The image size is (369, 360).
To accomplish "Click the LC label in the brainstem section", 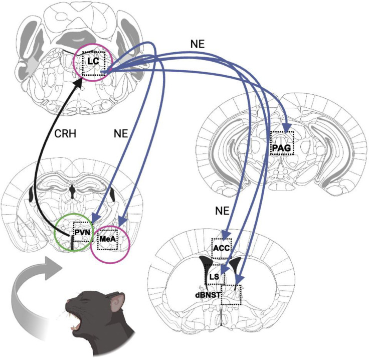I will click(92, 61).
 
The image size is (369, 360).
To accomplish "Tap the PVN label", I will click(81, 232).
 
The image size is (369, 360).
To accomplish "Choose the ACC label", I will click(220, 248).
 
